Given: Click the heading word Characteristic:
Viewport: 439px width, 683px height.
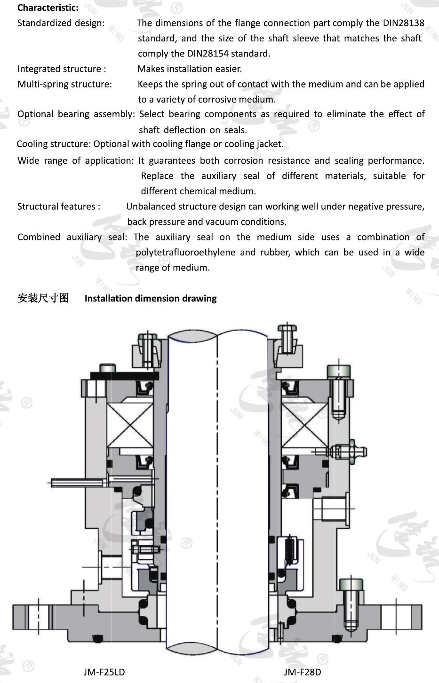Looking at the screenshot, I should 48,8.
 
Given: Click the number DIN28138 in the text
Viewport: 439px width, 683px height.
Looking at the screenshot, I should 403,23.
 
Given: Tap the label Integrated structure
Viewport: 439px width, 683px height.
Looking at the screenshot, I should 59,69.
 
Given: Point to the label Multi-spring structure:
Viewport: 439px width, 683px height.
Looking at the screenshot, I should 64,84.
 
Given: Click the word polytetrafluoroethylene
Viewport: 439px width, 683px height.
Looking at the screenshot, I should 185,252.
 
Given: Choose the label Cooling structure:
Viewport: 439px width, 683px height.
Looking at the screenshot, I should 54,144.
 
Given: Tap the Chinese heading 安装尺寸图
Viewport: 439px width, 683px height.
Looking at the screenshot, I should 43,298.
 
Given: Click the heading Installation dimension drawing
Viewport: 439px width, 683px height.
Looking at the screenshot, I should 151,298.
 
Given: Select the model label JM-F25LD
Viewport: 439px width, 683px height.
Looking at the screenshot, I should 104,672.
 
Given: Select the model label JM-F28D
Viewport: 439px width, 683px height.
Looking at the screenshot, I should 302,672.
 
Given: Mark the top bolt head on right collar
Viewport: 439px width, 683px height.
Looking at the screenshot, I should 286,328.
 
